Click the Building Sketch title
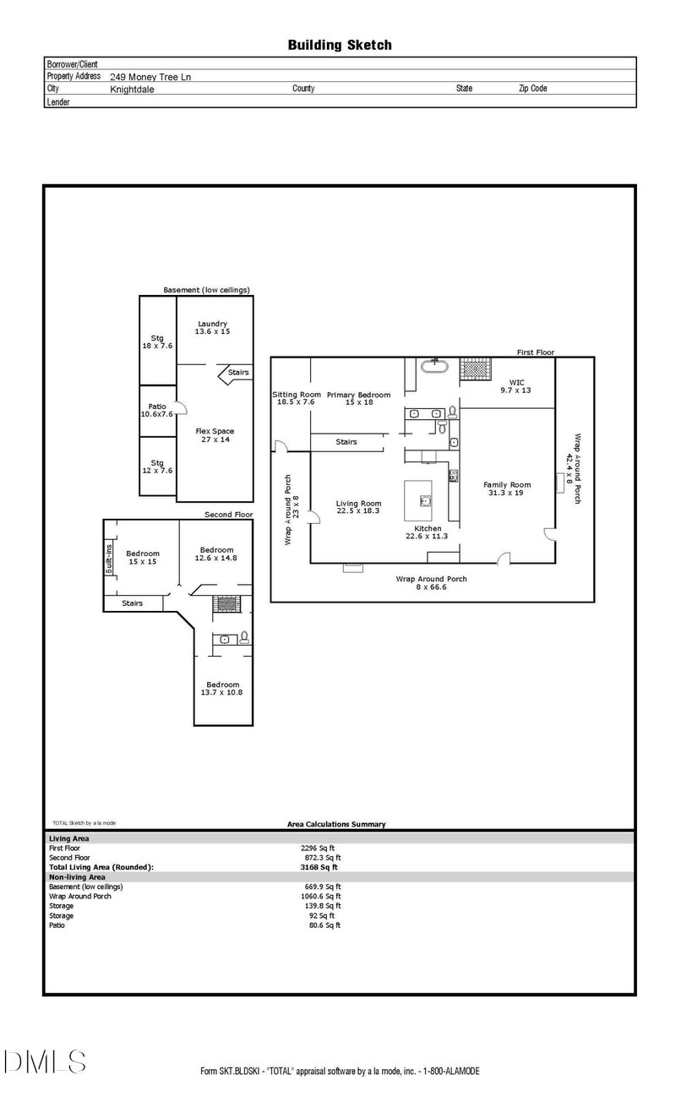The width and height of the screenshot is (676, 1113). pos(339,45)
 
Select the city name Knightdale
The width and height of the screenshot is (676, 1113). pos(132,89)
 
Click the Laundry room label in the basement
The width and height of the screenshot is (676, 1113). pos(212,328)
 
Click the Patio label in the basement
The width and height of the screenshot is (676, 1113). pos(157,410)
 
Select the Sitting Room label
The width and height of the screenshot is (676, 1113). pos(296,398)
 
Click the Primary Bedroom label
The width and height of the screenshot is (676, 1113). pos(358,398)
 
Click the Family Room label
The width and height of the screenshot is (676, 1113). pos(507,488)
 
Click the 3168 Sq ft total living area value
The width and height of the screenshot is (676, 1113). pos(319,866)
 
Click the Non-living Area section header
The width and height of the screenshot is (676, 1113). pos(78,876)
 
